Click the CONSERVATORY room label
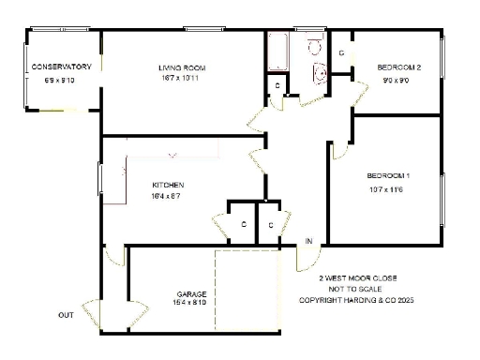point(61,67)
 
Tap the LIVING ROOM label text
point(182,67)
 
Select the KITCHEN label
point(168,185)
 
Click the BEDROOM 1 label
point(388,176)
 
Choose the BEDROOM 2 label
point(398,67)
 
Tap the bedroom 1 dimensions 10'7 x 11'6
point(385,190)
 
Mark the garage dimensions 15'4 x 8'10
point(189,303)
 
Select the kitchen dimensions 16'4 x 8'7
point(167,197)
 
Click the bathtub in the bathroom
point(278,52)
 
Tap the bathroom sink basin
point(319,72)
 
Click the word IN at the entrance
point(308,243)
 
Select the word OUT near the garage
point(66,315)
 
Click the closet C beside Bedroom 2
point(341,53)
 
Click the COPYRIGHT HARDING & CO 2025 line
point(355,301)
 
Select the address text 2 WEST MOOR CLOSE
point(357,278)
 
